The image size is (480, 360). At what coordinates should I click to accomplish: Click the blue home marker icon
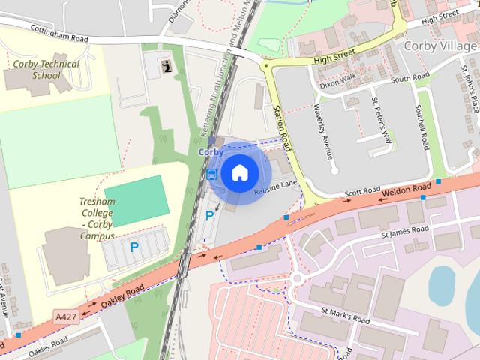239,173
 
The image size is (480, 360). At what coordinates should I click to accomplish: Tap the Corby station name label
211,152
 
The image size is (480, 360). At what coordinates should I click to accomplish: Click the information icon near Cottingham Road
166,65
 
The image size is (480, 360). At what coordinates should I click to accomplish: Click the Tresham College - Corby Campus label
96,218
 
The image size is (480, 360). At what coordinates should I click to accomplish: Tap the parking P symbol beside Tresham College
134,247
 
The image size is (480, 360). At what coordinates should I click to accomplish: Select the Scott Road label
358,193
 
